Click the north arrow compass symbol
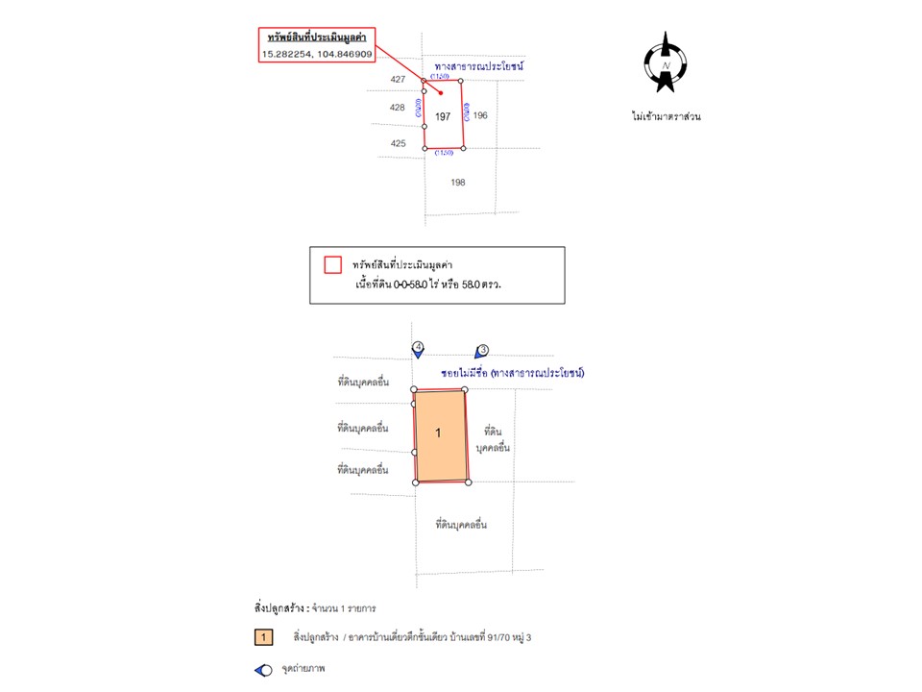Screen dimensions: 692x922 [x=665, y=63]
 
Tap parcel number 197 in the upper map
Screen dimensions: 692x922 [x=443, y=116]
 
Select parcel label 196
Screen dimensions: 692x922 [x=480, y=115]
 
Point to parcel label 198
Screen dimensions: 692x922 [x=458, y=182]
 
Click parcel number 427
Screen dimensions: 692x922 [x=398, y=80]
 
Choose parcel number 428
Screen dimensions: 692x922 [x=398, y=108]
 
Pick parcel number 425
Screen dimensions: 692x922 [x=398, y=143]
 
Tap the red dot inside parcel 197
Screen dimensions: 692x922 [x=440, y=93]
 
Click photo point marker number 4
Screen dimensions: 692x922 [x=418, y=348]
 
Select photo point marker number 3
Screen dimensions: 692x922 [x=482, y=351]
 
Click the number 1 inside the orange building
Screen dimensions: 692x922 [x=438, y=433]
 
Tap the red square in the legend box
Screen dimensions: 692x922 [x=333, y=264]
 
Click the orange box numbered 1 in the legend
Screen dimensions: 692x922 [x=263, y=637]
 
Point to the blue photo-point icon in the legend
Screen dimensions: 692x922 [x=263, y=669]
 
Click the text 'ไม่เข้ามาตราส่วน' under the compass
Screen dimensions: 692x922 [x=666, y=116]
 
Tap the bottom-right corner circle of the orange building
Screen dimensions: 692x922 [x=469, y=482]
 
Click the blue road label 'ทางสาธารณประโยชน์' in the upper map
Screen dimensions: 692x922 [x=477, y=67]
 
